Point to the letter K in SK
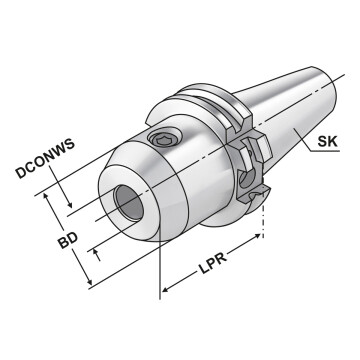[336, 142]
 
